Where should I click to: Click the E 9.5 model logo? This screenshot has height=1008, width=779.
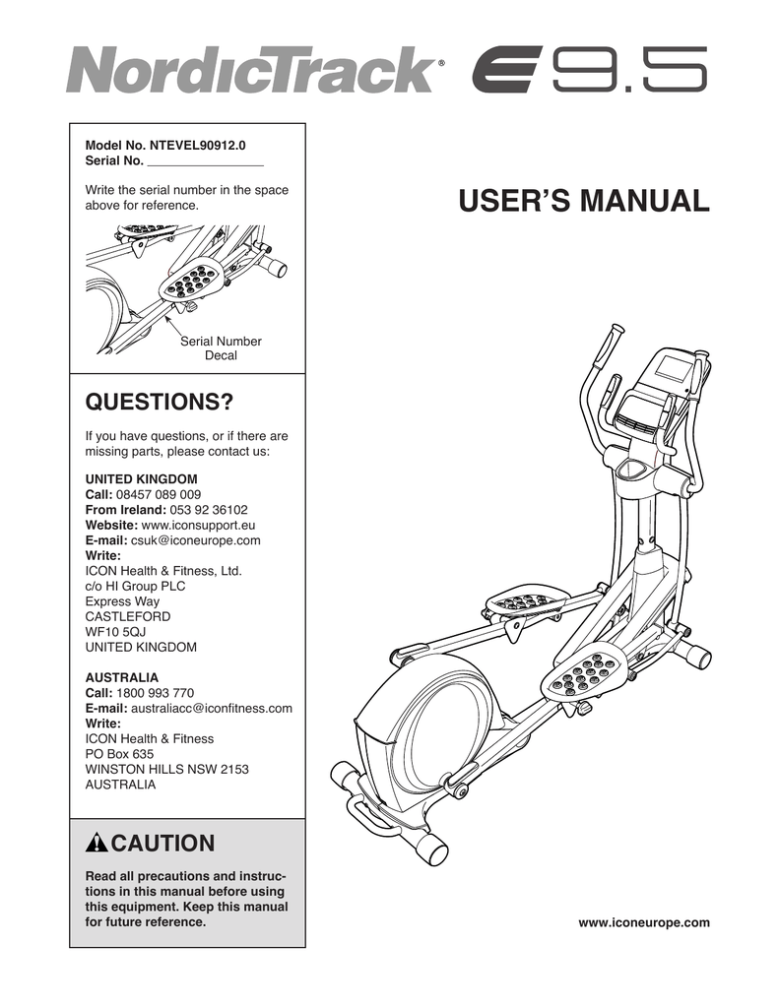pos(588,71)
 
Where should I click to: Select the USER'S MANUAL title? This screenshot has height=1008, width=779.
pos(583,202)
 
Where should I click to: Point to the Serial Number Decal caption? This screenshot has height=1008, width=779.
pos(221,348)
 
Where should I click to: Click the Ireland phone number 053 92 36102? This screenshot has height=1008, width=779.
pos(208,510)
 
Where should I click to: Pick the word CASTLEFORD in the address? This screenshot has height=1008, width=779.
pos(128,616)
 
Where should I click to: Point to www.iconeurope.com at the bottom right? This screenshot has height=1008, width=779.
pos(643,922)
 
